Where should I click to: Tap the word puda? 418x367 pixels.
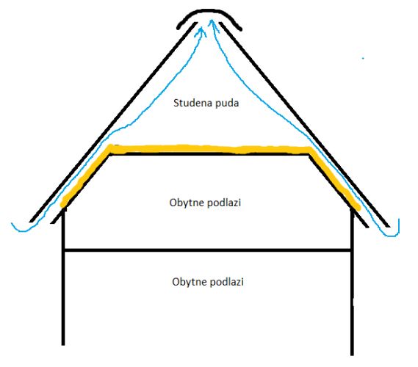227,103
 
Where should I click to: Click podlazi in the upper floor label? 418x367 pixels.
224,203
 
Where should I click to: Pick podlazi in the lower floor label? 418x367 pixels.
226,282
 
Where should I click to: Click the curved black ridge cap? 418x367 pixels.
209,11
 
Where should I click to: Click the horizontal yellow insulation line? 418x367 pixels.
209,149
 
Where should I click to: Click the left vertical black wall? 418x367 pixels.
63,277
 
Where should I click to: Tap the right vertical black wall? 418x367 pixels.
352,283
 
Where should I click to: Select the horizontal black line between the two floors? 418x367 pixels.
208,250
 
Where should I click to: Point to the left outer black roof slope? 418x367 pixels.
113,123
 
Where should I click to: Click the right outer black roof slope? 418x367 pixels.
304,125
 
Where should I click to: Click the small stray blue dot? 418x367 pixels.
363,58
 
